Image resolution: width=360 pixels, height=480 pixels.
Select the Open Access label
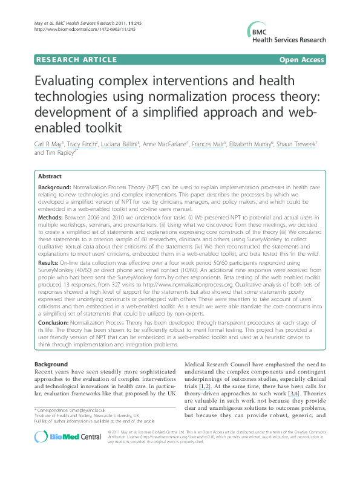pyautogui.click(x=302, y=60)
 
